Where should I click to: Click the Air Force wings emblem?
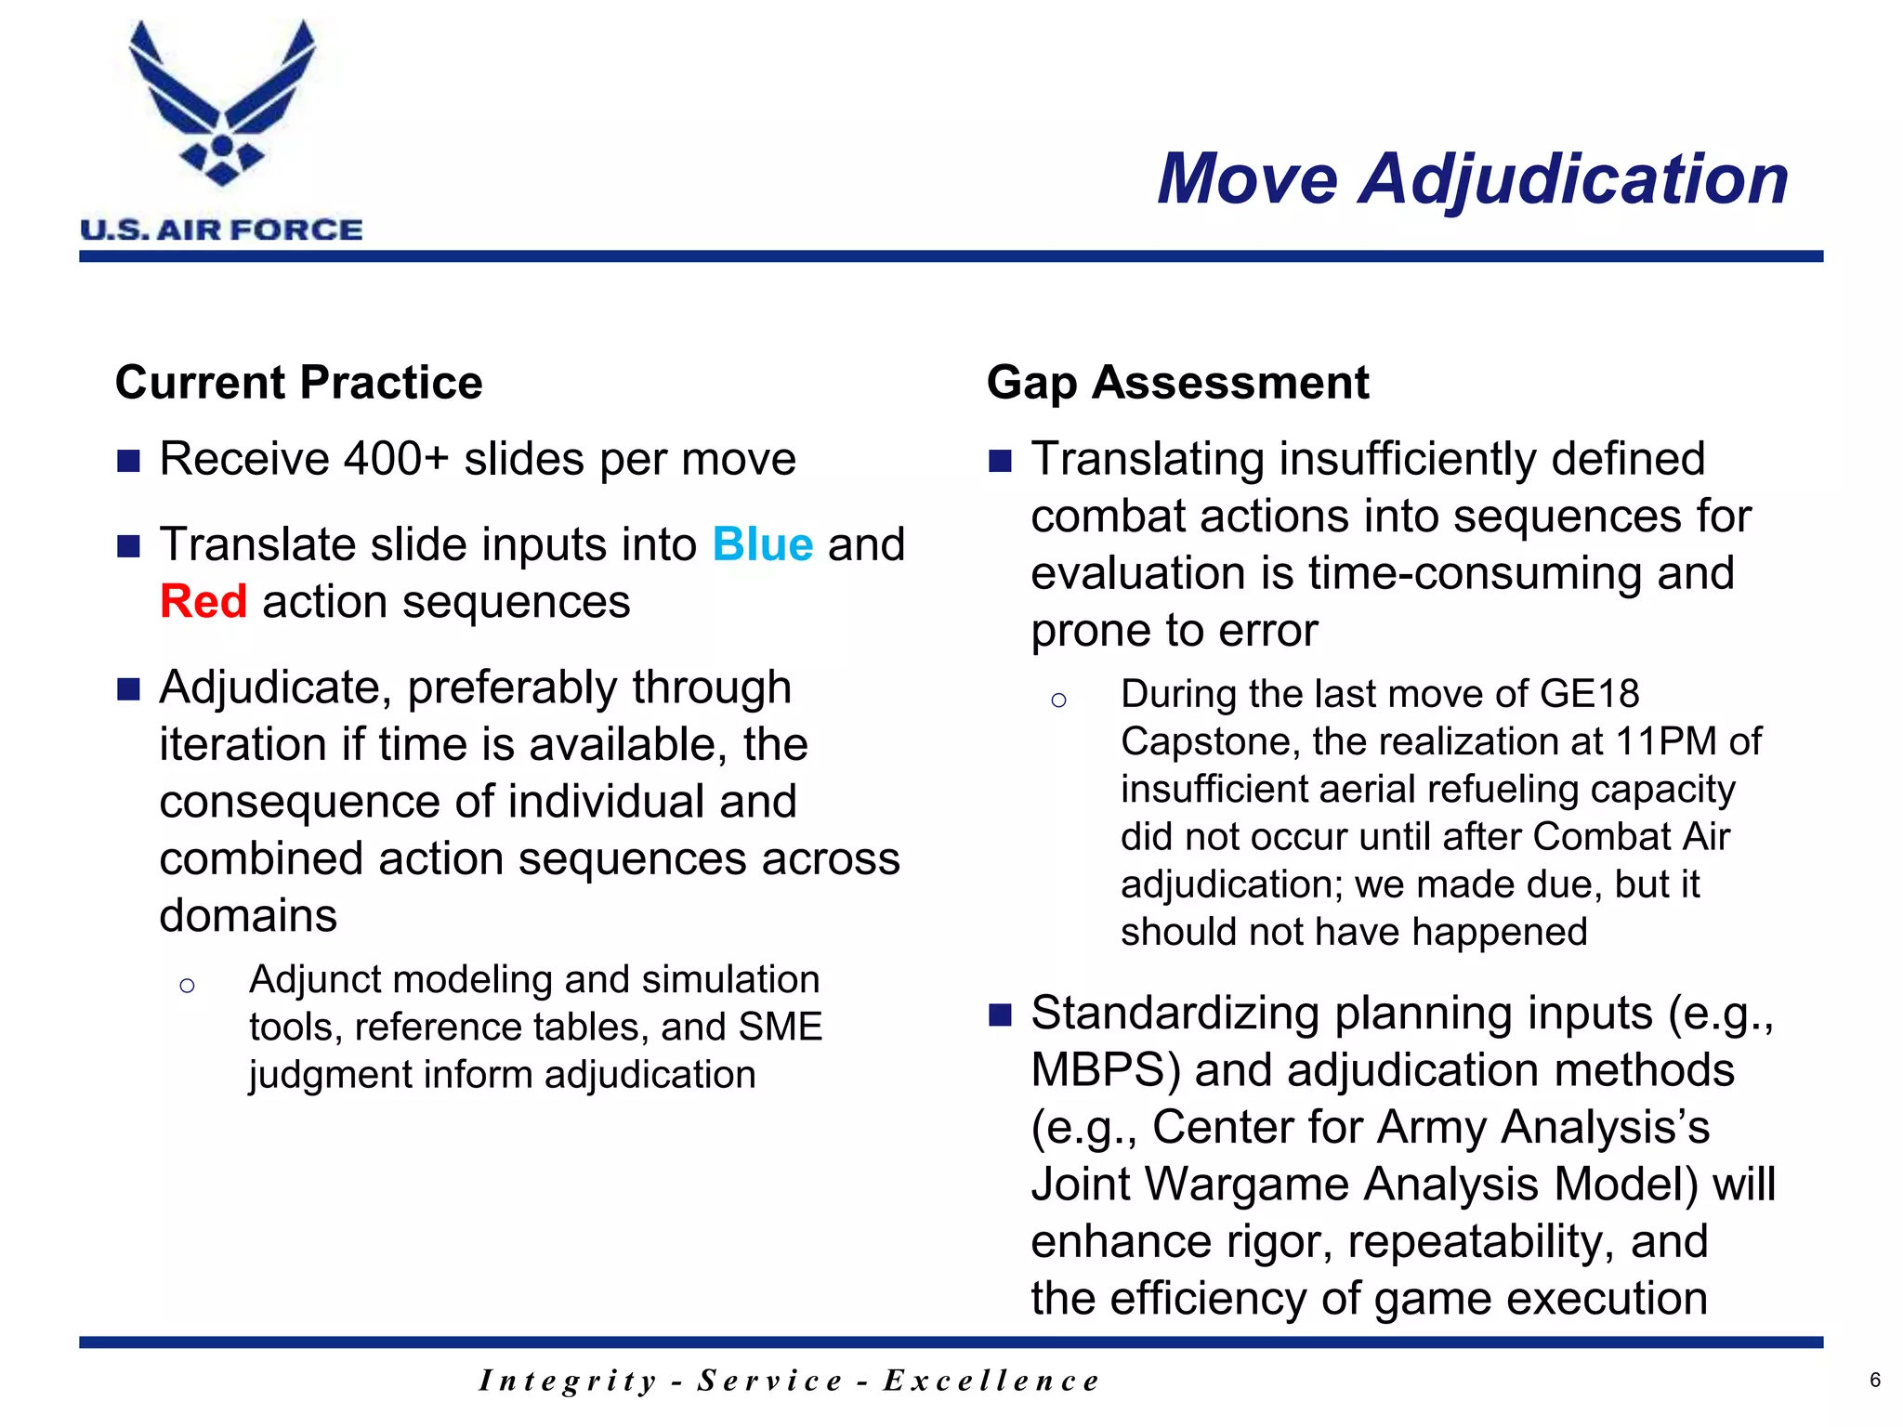pos(222,104)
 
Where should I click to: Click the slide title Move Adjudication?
pos(1472,178)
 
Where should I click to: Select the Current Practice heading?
pos(298,383)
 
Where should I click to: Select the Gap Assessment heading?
pos(1177,383)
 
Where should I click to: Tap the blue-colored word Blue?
pos(763,544)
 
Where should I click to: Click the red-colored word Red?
pos(203,601)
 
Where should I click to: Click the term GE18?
pos(1589,694)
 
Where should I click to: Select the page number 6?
pos(1875,1381)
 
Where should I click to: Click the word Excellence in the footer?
pos(991,1381)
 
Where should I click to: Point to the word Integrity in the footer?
pos(568,1381)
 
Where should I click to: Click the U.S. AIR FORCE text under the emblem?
pos(221,229)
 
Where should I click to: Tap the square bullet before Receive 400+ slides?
pos(128,461)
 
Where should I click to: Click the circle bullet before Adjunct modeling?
pos(187,986)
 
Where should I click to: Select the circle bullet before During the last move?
pos(1058,700)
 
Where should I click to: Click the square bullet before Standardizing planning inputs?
pos(1000,1015)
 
